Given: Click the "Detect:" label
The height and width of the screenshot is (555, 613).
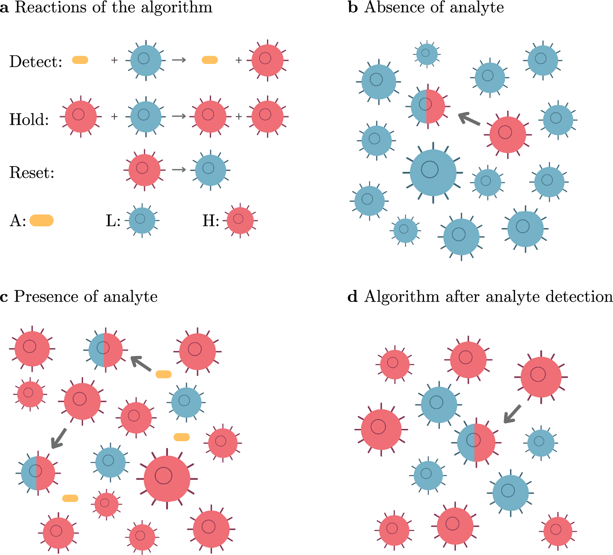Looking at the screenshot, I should pos(35,62).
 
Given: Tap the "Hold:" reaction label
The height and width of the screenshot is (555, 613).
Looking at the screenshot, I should pos(29,119).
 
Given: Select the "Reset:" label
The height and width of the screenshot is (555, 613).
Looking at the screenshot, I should pos(32,173).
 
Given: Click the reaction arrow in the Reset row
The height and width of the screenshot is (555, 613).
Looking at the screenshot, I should pos(179,170).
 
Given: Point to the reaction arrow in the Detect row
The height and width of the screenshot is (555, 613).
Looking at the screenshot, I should pos(179,60).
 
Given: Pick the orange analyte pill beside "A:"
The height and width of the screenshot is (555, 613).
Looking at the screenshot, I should pos(42,221).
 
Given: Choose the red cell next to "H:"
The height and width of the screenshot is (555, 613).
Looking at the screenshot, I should pos(240,220).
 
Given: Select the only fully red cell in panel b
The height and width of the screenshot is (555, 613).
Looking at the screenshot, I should pos(508,135).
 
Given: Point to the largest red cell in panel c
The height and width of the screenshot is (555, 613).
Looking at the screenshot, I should pos(167,478).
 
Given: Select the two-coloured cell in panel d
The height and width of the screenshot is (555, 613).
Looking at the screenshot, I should pos(476,442).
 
